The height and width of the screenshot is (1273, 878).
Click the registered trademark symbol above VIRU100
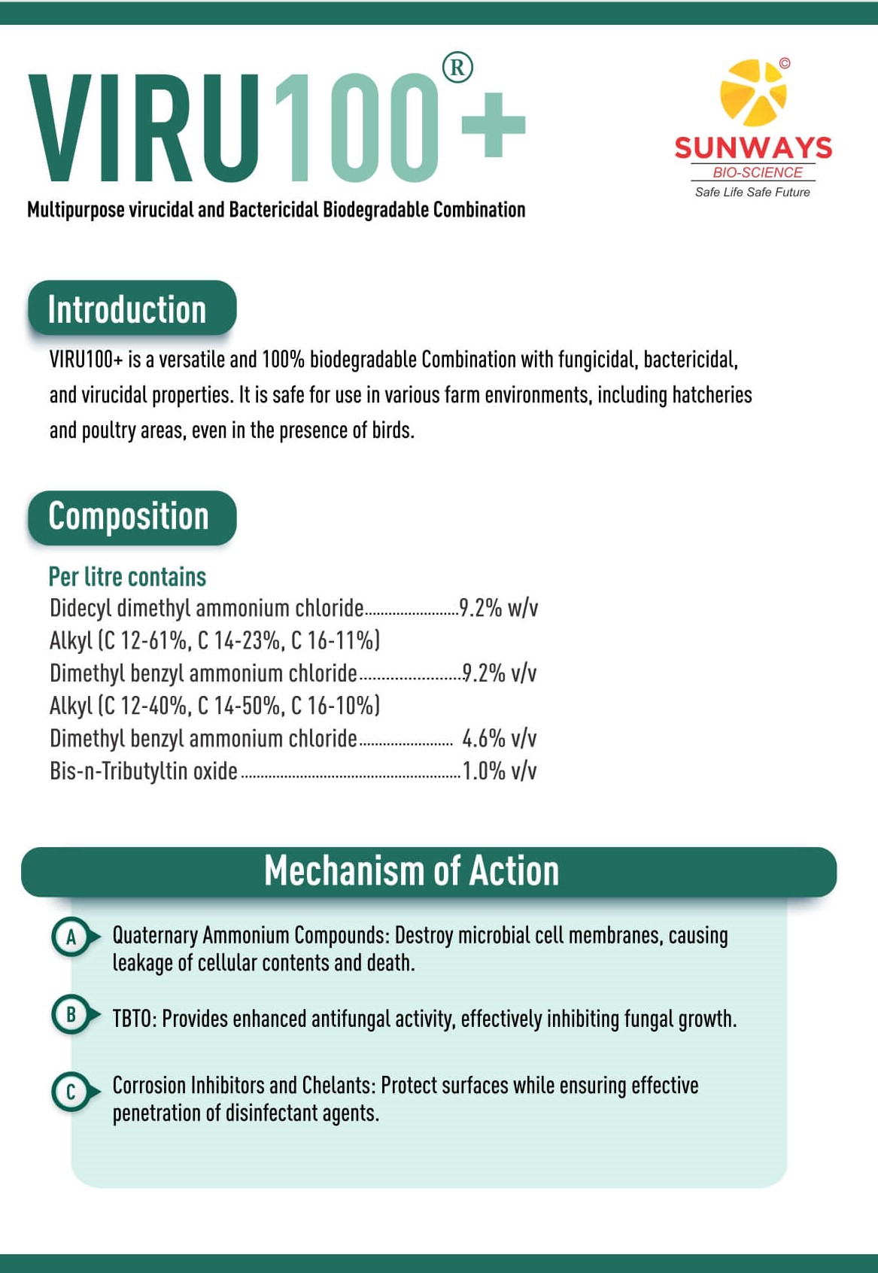457,68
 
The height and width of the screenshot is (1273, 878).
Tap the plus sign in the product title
493,125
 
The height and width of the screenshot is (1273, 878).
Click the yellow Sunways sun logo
753,93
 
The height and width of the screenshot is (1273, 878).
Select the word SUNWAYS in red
753,147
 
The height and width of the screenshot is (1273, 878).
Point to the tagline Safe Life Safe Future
752,193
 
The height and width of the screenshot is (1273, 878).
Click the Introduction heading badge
132,308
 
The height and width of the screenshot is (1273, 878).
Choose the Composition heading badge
132,518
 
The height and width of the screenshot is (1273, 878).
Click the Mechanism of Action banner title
412,871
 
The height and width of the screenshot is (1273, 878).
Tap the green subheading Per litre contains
127,577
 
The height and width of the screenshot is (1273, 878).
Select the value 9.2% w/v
498,608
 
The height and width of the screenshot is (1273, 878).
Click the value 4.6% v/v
499,739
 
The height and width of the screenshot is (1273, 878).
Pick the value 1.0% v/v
499,771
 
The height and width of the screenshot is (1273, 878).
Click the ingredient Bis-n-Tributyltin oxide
144,771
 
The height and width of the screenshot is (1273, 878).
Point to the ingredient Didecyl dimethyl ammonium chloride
206,608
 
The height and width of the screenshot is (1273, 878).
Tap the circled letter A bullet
71,937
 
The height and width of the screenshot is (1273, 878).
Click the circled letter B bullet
71,1015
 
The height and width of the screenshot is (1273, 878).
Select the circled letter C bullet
71,1092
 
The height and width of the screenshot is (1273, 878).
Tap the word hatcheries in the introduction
712,395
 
